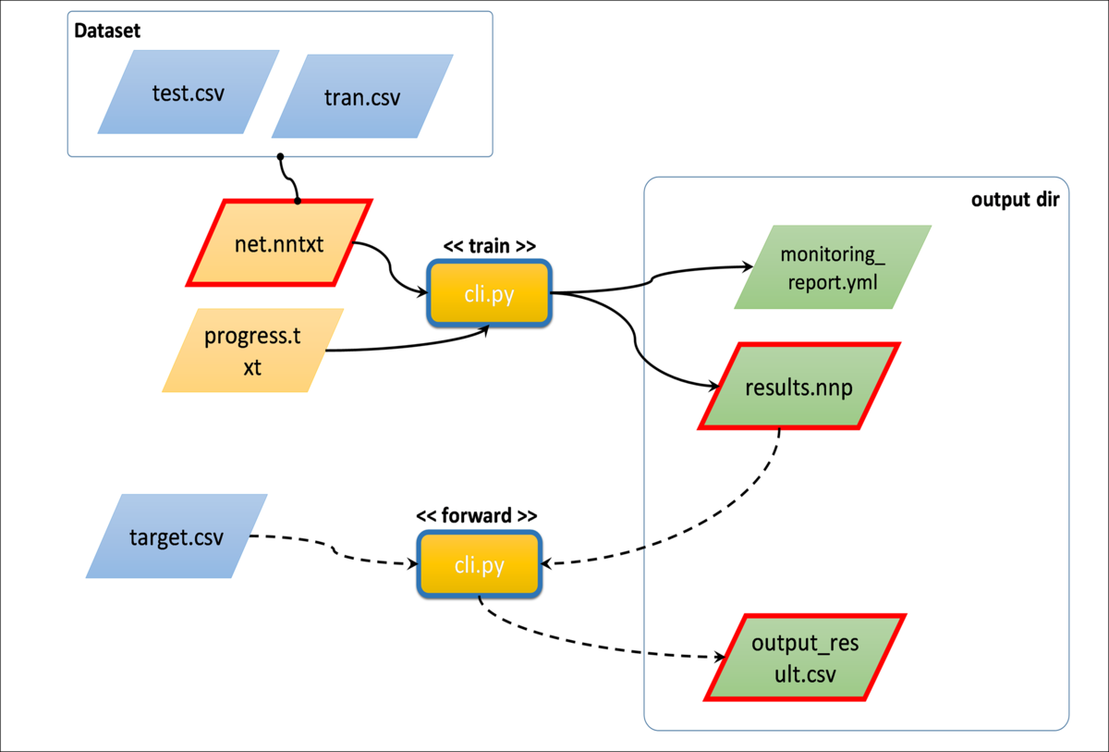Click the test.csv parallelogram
(189, 92)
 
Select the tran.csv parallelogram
(362, 97)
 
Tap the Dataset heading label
(107, 31)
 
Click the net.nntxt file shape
(280, 242)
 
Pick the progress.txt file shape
(252, 351)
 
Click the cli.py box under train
(490, 294)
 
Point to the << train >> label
(489, 247)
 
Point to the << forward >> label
(477, 516)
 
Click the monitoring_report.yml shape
(832, 267)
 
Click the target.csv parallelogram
(176, 536)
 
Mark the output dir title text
(1014, 200)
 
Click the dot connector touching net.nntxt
(298, 201)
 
